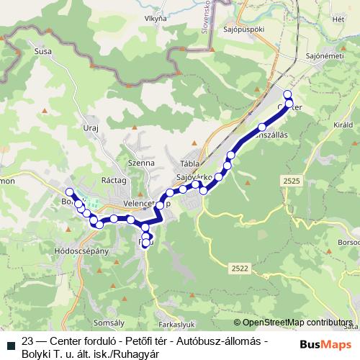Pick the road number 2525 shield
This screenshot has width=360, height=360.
pyautogui.click(x=292, y=181)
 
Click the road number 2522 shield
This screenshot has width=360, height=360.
pyautogui.click(x=240, y=268)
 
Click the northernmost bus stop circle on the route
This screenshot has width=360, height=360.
pyautogui.click(x=288, y=94)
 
